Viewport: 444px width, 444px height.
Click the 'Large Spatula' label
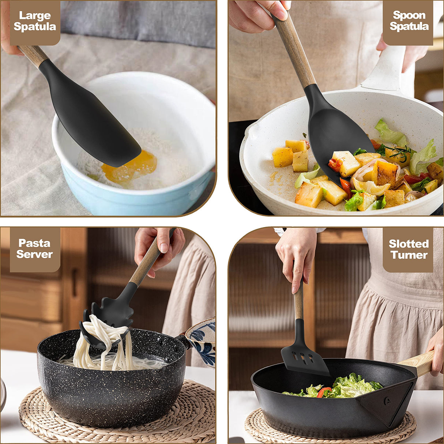[35, 21]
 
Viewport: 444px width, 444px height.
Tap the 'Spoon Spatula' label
[409, 21]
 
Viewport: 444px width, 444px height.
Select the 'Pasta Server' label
[35, 249]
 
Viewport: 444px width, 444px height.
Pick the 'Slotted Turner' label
[409, 249]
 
